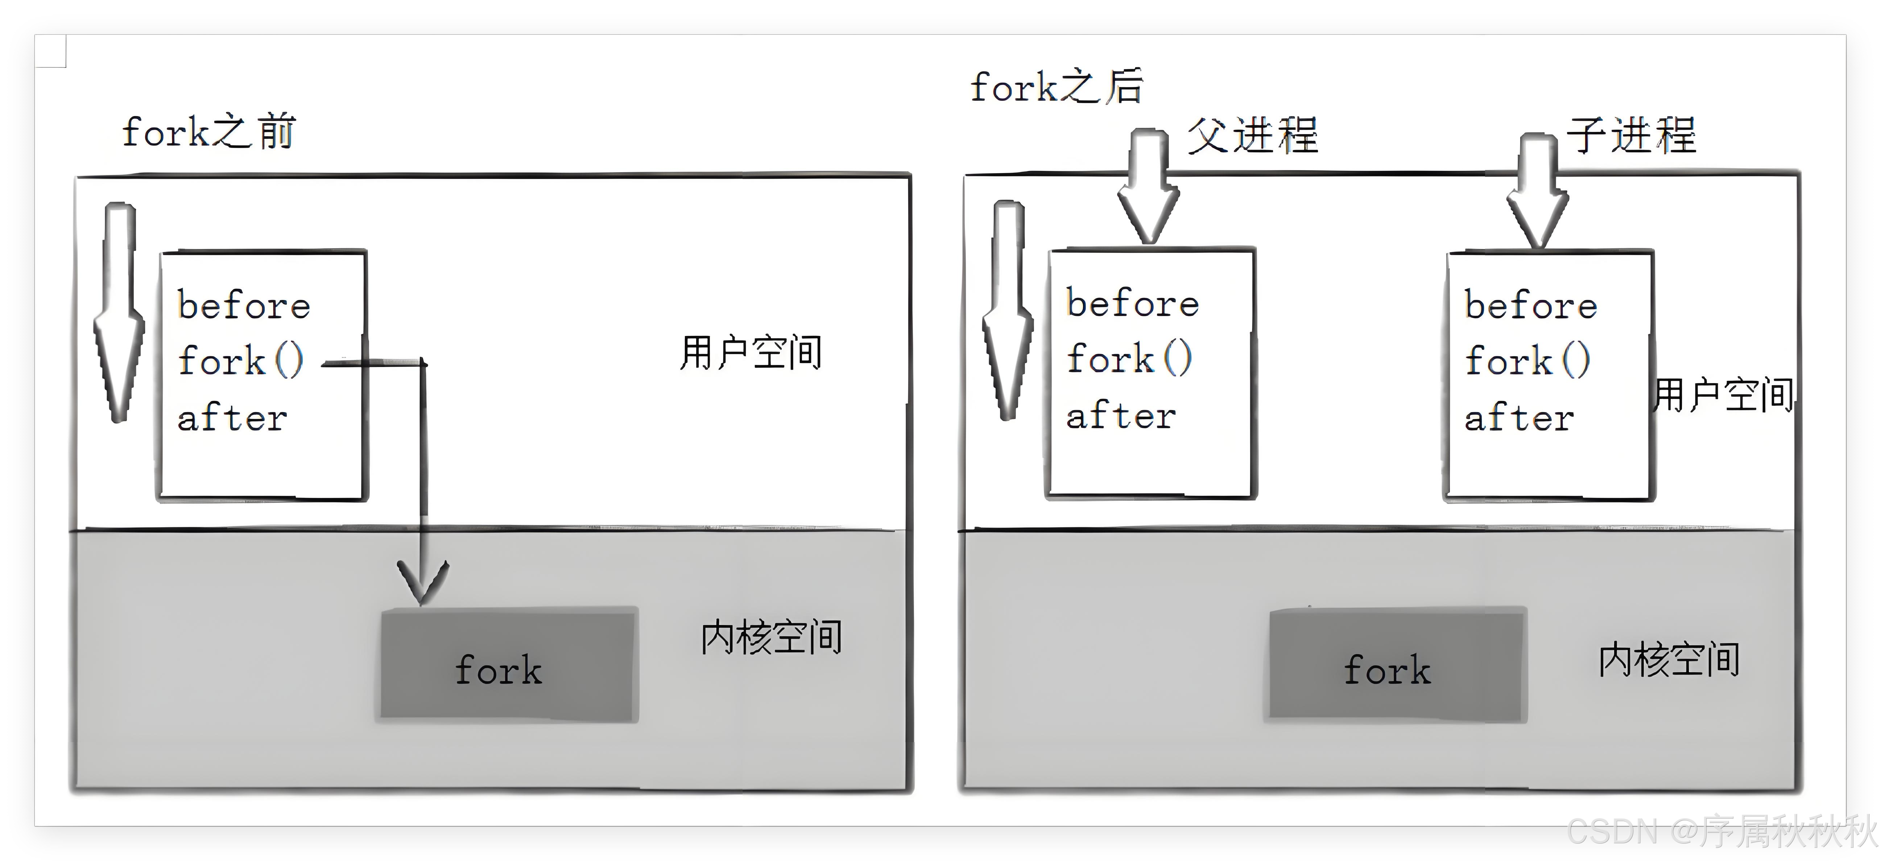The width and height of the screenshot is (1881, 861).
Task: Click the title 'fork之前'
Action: pyautogui.click(x=208, y=133)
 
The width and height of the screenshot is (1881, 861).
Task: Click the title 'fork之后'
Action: pyautogui.click(x=1056, y=88)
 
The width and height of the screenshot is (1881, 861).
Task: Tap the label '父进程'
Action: pyautogui.click(x=1252, y=136)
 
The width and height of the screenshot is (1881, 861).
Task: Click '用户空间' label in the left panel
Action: pyautogui.click(x=751, y=353)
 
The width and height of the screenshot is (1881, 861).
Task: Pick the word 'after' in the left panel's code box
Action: pyautogui.click(x=232, y=417)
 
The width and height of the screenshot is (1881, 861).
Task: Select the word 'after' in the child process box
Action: pyautogui.click(x=1519, y=417)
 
